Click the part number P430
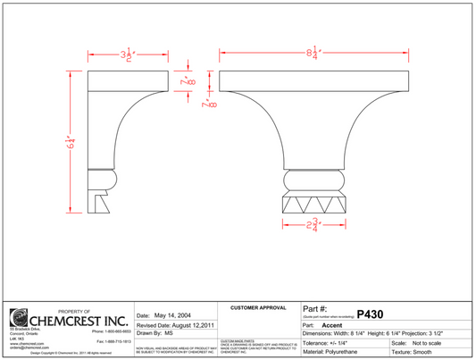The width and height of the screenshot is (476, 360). click(x=369, y=314)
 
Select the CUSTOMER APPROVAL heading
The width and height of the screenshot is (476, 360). click(x=257, y=307)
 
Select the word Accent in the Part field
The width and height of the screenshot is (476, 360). click(x=331, y=325)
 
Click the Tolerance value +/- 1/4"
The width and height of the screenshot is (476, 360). click(x=348, y=343)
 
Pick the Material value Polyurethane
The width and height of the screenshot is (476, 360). click(x=351, y=352)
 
